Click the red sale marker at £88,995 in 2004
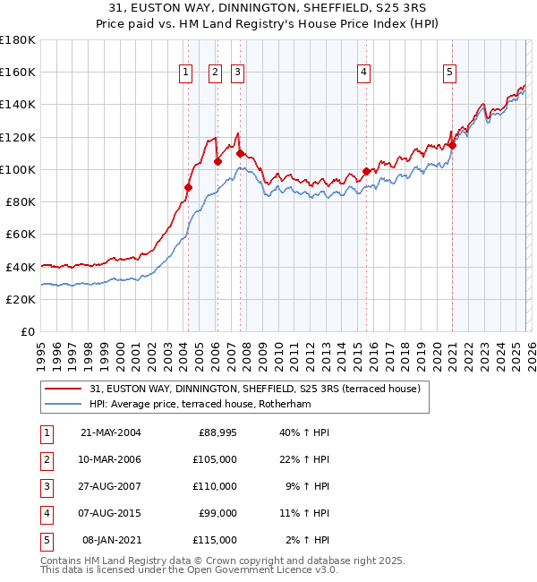point(189,187)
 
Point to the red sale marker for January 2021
point(452,145)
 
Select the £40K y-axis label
point(21,267)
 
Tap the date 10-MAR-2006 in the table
point(110,459)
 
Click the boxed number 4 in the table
point(45,513)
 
